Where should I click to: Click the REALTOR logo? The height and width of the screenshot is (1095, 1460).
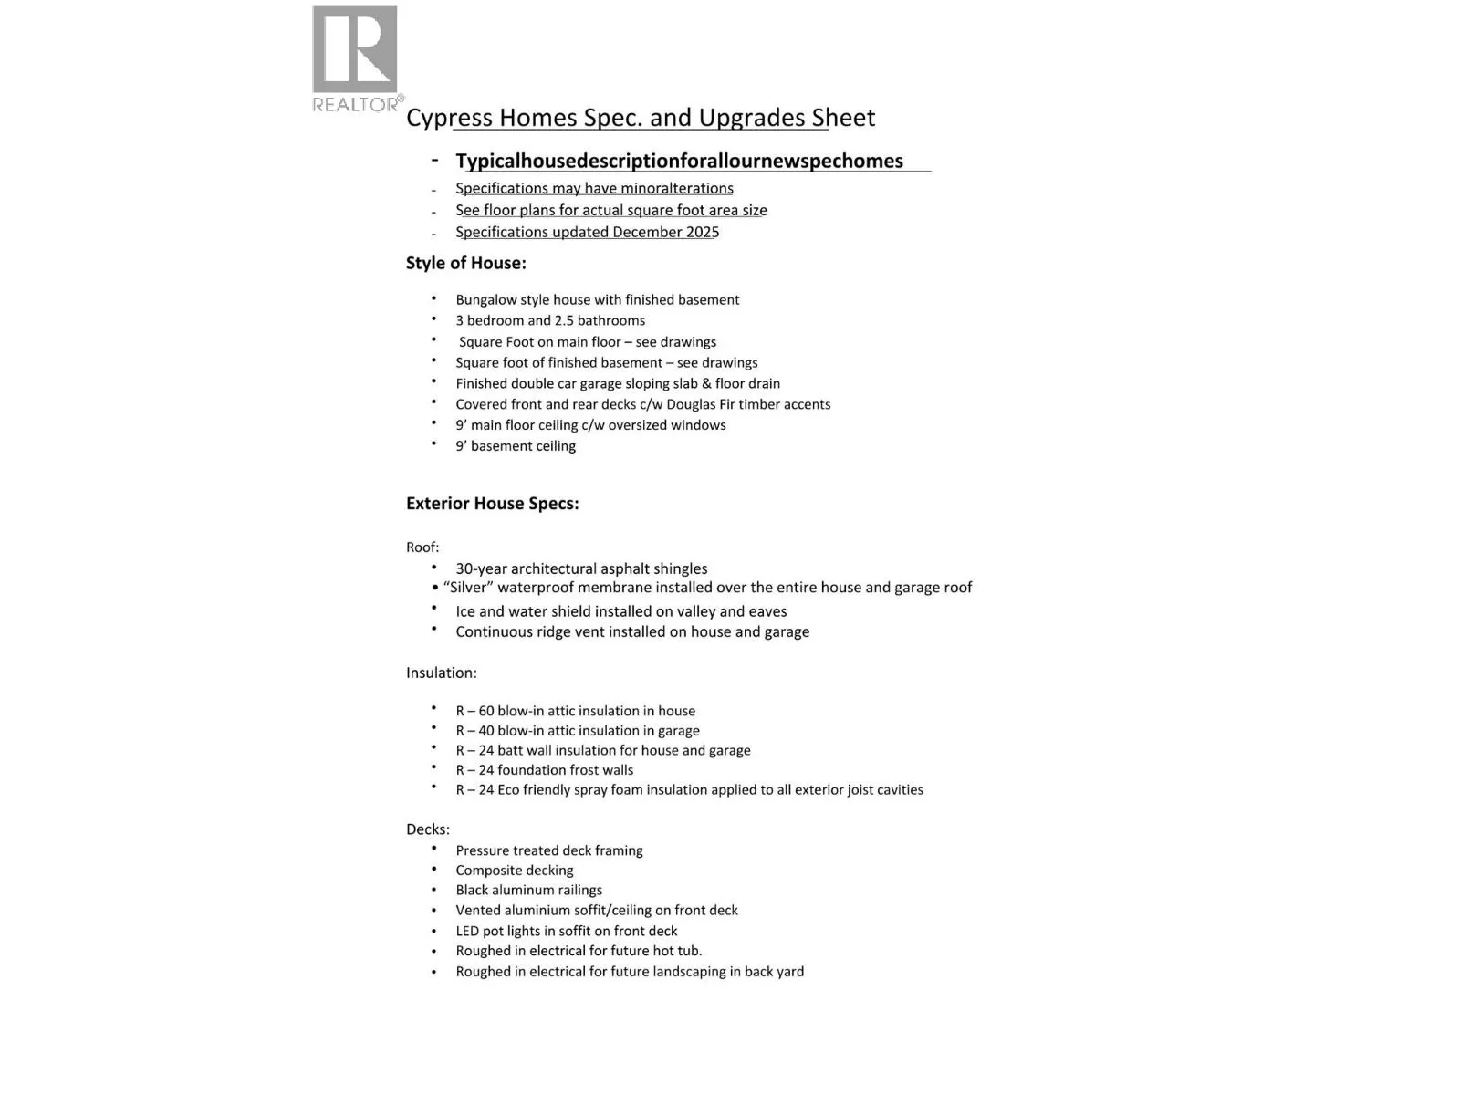[355, 58]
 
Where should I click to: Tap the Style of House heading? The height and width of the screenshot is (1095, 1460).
[465, 264]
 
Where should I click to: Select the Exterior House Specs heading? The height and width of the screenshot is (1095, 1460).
[492, 504]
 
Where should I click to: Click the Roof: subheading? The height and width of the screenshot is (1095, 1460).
[422, 547]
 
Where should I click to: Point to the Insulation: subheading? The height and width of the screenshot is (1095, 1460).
[441, 673]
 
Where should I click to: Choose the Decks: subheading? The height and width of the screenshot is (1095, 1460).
[427, 829]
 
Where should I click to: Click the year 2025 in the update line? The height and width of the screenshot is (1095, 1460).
[703, 233]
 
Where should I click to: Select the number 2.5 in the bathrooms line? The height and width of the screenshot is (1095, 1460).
[566, 321]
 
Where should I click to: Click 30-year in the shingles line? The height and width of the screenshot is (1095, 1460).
[481, 569]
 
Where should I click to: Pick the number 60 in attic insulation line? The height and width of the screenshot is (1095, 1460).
[486, 712]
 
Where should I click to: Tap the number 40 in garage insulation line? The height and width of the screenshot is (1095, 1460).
[486, 731]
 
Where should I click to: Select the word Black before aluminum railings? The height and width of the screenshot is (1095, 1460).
[473, 891]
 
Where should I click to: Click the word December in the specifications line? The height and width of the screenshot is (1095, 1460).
[647, 233]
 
